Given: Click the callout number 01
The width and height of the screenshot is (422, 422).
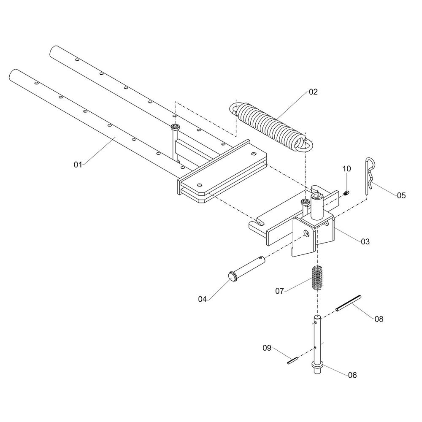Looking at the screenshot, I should [x=78, y=164].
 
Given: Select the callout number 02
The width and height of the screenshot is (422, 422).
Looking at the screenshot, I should [x=313, y=91].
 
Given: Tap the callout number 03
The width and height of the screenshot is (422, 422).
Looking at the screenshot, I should [x=365, y=241].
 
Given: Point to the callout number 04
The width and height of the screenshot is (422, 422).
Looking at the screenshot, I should [x=203, y=299].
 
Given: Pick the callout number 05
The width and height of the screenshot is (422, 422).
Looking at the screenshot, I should [x=401, y=195].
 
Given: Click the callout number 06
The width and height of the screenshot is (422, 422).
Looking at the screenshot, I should [x=352, y=375].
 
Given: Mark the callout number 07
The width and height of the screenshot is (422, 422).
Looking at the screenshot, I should [x=280, y=291].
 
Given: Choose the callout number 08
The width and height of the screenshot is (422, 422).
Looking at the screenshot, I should [x=379, y=319].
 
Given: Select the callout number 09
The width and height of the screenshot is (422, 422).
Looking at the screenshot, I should [x=267, y=348].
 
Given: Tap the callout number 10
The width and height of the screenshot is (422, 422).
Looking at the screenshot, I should [x=346, y=169].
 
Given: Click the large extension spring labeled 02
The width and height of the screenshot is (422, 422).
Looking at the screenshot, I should [x=270, y=125].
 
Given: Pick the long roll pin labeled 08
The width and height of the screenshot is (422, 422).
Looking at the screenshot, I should [x=349, y=303].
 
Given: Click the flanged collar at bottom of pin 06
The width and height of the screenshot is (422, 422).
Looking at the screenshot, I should [x=317, y=365].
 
